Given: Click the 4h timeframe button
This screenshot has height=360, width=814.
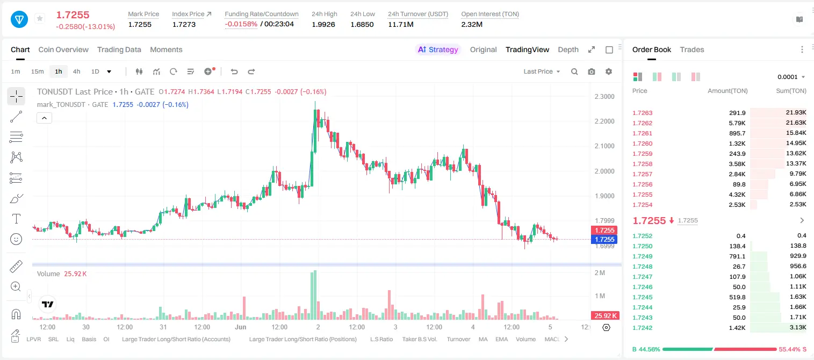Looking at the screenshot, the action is click(x=76, y=71).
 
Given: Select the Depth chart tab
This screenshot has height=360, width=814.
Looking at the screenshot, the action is click(x=568, y=50).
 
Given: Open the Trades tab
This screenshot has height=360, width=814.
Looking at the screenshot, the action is click(x=692, y=50).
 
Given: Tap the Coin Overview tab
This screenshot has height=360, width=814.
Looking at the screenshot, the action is click(x=63, y=50).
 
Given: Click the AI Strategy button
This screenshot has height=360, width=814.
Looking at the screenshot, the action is click(x=438, y=50).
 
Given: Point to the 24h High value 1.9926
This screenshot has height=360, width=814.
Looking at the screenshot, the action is click(x=323, y=24).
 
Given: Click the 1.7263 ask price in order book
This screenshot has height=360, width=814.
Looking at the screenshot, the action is click(x=643, y=113).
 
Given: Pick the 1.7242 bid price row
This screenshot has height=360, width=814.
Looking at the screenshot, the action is click(x=643, y=328).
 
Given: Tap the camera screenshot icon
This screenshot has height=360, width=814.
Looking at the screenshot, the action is click(x=592, y=71).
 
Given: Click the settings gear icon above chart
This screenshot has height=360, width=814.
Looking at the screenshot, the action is click(x=609, y=71).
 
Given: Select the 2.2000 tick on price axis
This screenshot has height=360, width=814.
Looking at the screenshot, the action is click(x=604, y=121).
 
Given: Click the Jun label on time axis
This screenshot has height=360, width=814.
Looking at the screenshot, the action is click(x=241, y=327).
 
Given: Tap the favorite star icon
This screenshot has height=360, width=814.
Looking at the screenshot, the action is click(x=40, y=18).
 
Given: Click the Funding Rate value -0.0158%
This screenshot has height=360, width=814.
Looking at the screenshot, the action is click(x=241, y=24).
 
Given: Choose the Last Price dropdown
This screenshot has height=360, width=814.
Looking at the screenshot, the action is click(x=542, y=71).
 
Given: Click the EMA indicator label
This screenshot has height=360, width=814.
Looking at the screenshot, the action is click(x=501, y=339).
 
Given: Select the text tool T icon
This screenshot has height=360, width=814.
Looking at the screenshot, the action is click(x=16, y=219).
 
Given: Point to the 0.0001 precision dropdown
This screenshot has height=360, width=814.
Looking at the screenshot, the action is click(x=791, y=77).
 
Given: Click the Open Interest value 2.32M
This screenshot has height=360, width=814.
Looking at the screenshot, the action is click(x=472, y=24).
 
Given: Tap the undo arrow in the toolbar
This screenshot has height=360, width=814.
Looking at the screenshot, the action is click(x=234, y=71).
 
